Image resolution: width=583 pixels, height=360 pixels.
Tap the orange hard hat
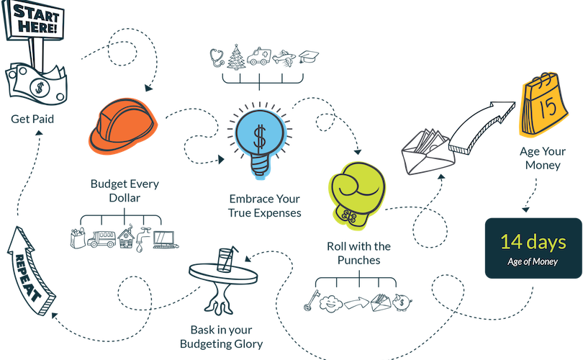[x=122, y=126]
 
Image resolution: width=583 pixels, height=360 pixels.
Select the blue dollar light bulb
[x=261, y=140]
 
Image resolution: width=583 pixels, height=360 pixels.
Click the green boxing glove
[x=357, y=194]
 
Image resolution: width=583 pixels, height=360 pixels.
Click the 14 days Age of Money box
[x=533, y=248]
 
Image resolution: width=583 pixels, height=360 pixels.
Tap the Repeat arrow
[x=30, y=271]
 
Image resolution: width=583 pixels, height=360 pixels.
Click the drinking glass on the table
[x=226, y=259]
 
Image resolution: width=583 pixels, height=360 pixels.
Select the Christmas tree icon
[x=236, y=57]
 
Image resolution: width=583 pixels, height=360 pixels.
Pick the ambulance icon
[x=259, y=57]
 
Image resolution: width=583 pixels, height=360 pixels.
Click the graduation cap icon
[x=309, y=57]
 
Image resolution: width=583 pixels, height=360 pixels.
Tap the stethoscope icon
[x=217, y=58]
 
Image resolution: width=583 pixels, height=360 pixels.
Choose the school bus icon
[x=101, y=239]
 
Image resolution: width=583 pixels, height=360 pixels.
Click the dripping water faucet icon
[x=142, y=239]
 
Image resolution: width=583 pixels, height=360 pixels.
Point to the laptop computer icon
[x=165, y=240]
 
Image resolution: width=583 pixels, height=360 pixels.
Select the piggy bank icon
[x=402, y=302]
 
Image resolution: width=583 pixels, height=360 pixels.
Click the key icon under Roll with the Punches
[x=311, y=300]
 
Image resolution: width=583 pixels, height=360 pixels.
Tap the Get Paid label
[x=32, y=119]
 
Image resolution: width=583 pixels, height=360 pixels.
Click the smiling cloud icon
[x=331, y=304]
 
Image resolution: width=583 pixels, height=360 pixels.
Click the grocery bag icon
[x=78, y=238]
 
